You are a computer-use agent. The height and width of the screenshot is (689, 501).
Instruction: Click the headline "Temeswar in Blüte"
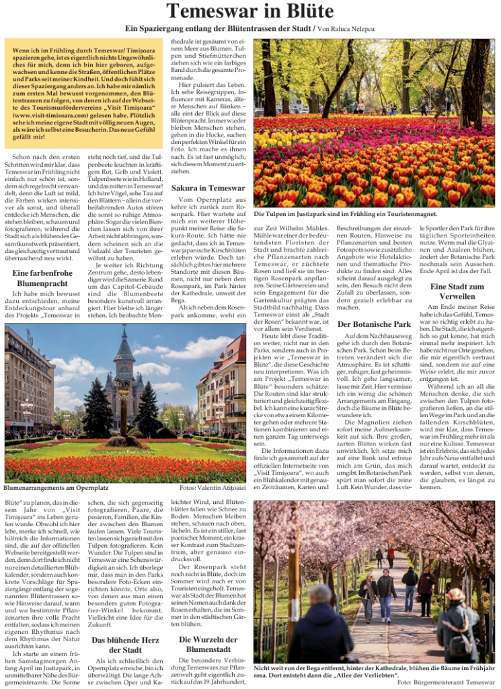[x=250, y=11]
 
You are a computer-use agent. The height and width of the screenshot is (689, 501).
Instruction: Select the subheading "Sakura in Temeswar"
[x=208, y=188]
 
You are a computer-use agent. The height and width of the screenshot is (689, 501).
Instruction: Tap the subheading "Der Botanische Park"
[x=374, y=324]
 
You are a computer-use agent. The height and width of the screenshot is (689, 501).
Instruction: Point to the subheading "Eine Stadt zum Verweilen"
[x=457, y=291]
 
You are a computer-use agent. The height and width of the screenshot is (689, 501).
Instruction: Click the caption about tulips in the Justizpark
[x=346, y=214]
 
